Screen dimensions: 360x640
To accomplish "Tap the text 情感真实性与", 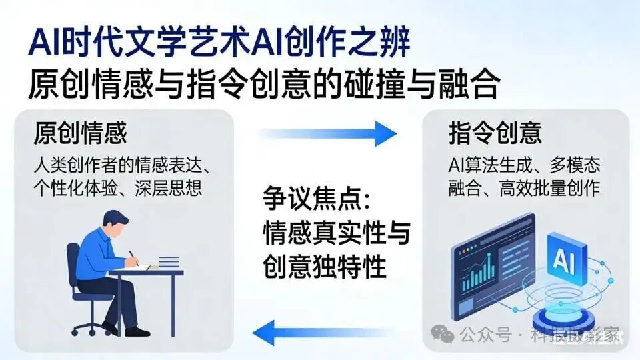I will click(336, 235).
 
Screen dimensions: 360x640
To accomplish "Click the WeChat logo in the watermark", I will click(441, 333).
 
